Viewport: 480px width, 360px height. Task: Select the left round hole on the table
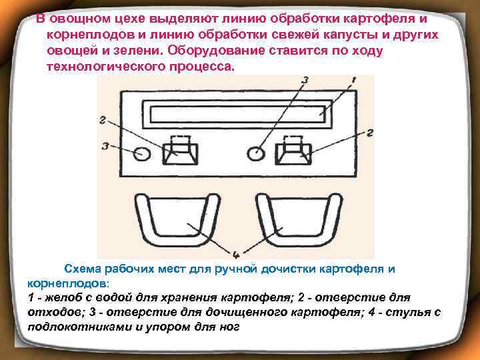(x=142, y=153)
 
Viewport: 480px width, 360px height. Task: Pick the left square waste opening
(x=179, y=149)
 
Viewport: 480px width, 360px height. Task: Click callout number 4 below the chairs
(x=235, y=253)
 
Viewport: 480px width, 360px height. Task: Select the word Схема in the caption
(x=81, y=269)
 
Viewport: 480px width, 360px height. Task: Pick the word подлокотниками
(x=76, y=328)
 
